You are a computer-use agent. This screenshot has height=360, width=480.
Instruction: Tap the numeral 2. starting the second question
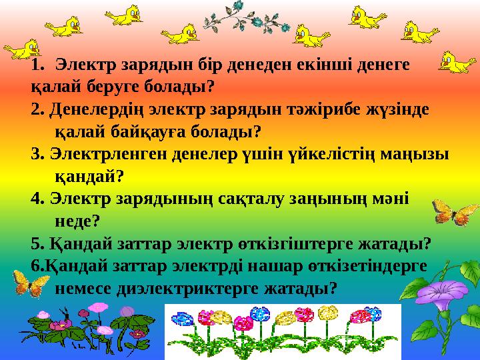click(x=38, y=109)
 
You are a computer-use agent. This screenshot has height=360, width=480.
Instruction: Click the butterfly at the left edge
click(x=27, y=283)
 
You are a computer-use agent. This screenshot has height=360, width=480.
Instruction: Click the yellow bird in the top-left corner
click(x=21, y=49)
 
